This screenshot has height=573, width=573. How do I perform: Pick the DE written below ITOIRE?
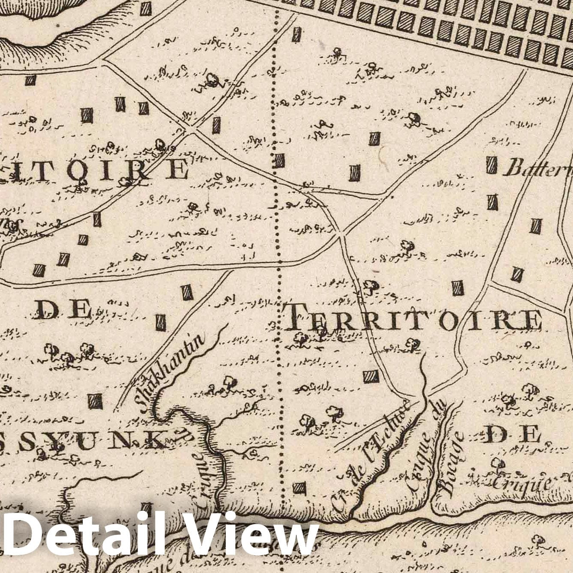63,309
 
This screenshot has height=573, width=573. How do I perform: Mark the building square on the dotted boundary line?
279,161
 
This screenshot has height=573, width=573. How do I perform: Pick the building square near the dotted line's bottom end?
299,487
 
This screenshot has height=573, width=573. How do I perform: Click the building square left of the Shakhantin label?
95,401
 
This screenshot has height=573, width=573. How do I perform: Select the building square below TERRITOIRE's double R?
371,376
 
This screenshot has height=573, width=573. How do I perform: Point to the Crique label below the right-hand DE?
521,483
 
